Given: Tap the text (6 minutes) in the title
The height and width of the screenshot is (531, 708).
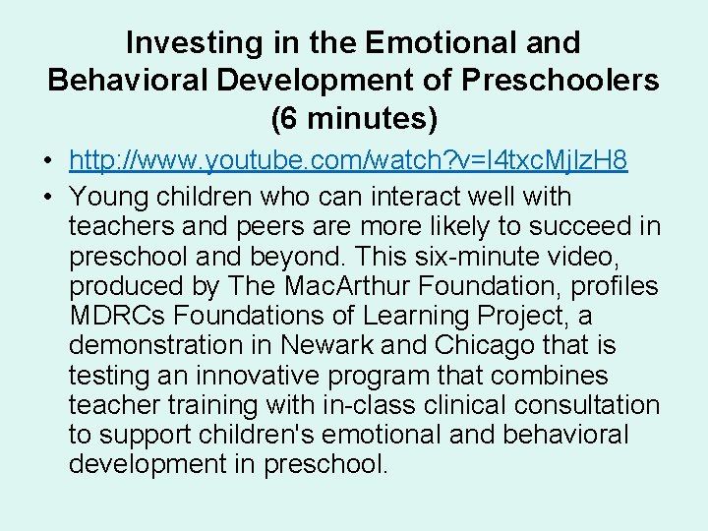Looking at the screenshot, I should coord(353,119).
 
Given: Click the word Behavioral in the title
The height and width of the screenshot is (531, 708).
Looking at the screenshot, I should coord(131,81).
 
